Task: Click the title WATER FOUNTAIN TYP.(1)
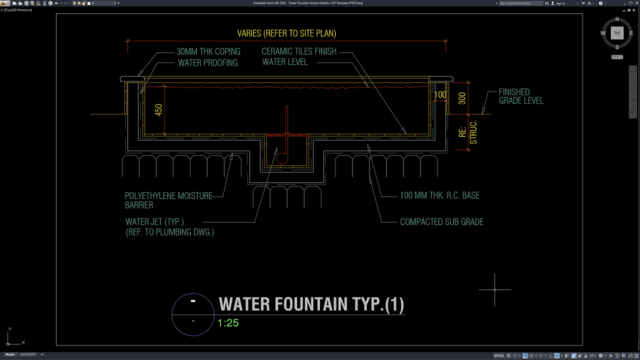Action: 311,303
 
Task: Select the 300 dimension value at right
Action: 460,98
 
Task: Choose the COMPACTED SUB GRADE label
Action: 443,222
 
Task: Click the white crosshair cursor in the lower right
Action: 495,290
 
